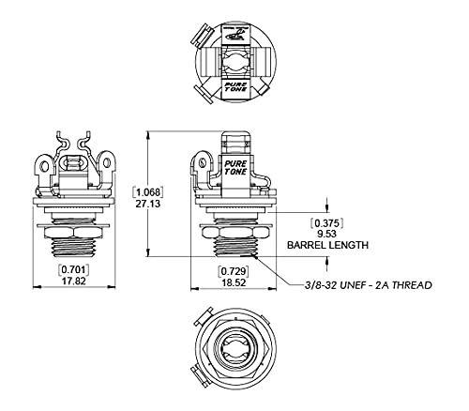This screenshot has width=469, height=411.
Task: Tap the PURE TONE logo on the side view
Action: [x=235, y=167]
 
